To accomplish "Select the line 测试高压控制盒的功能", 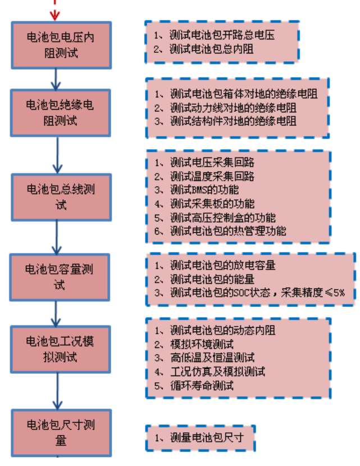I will point(222,217).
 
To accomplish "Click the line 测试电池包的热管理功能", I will point(227,230).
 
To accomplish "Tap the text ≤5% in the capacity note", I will point(340,292).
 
